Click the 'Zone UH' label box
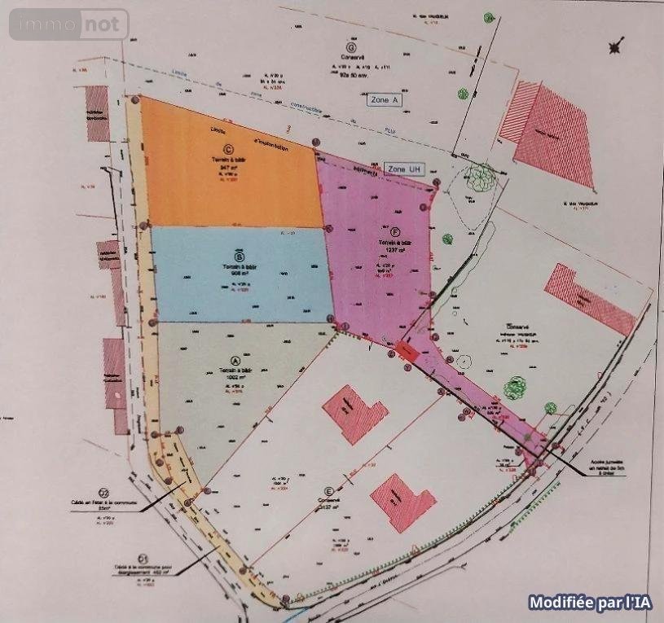tap(405, 169)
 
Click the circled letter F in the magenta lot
tap(394, 231)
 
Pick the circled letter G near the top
tap(350, 48)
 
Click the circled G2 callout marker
tap(103, 492)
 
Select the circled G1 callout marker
tap(143, 558)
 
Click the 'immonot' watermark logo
tap(69, 24)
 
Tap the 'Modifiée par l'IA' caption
tap(590, 603)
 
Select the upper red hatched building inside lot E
tap(355, 415)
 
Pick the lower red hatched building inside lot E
tap(402, 502)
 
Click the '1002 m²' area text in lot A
tap(236, 378)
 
